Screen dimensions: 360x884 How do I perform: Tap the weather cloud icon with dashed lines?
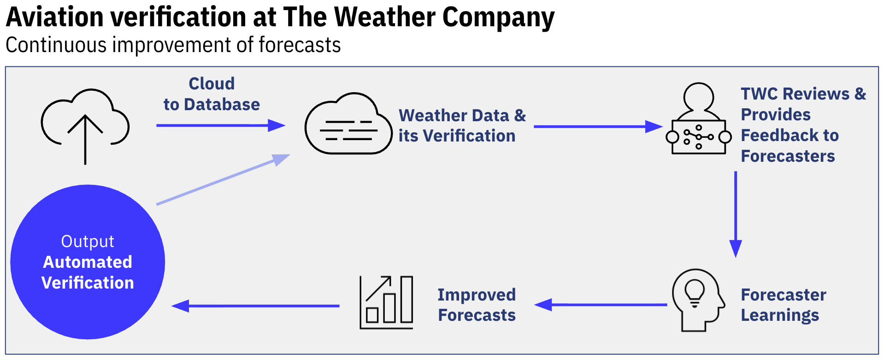(x=348, y=124)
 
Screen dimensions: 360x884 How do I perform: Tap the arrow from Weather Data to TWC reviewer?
(x=597, y=126)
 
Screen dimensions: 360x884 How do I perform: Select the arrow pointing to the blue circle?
(x=255, y=306)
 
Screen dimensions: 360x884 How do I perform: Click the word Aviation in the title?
(x=55, y=18)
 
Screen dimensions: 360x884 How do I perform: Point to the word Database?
(x=222, y=105)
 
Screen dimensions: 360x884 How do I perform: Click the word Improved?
(x=477, y=295)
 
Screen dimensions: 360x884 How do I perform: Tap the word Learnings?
(x=780, y=315)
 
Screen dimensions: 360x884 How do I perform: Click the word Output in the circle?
(x=88, y=242)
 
